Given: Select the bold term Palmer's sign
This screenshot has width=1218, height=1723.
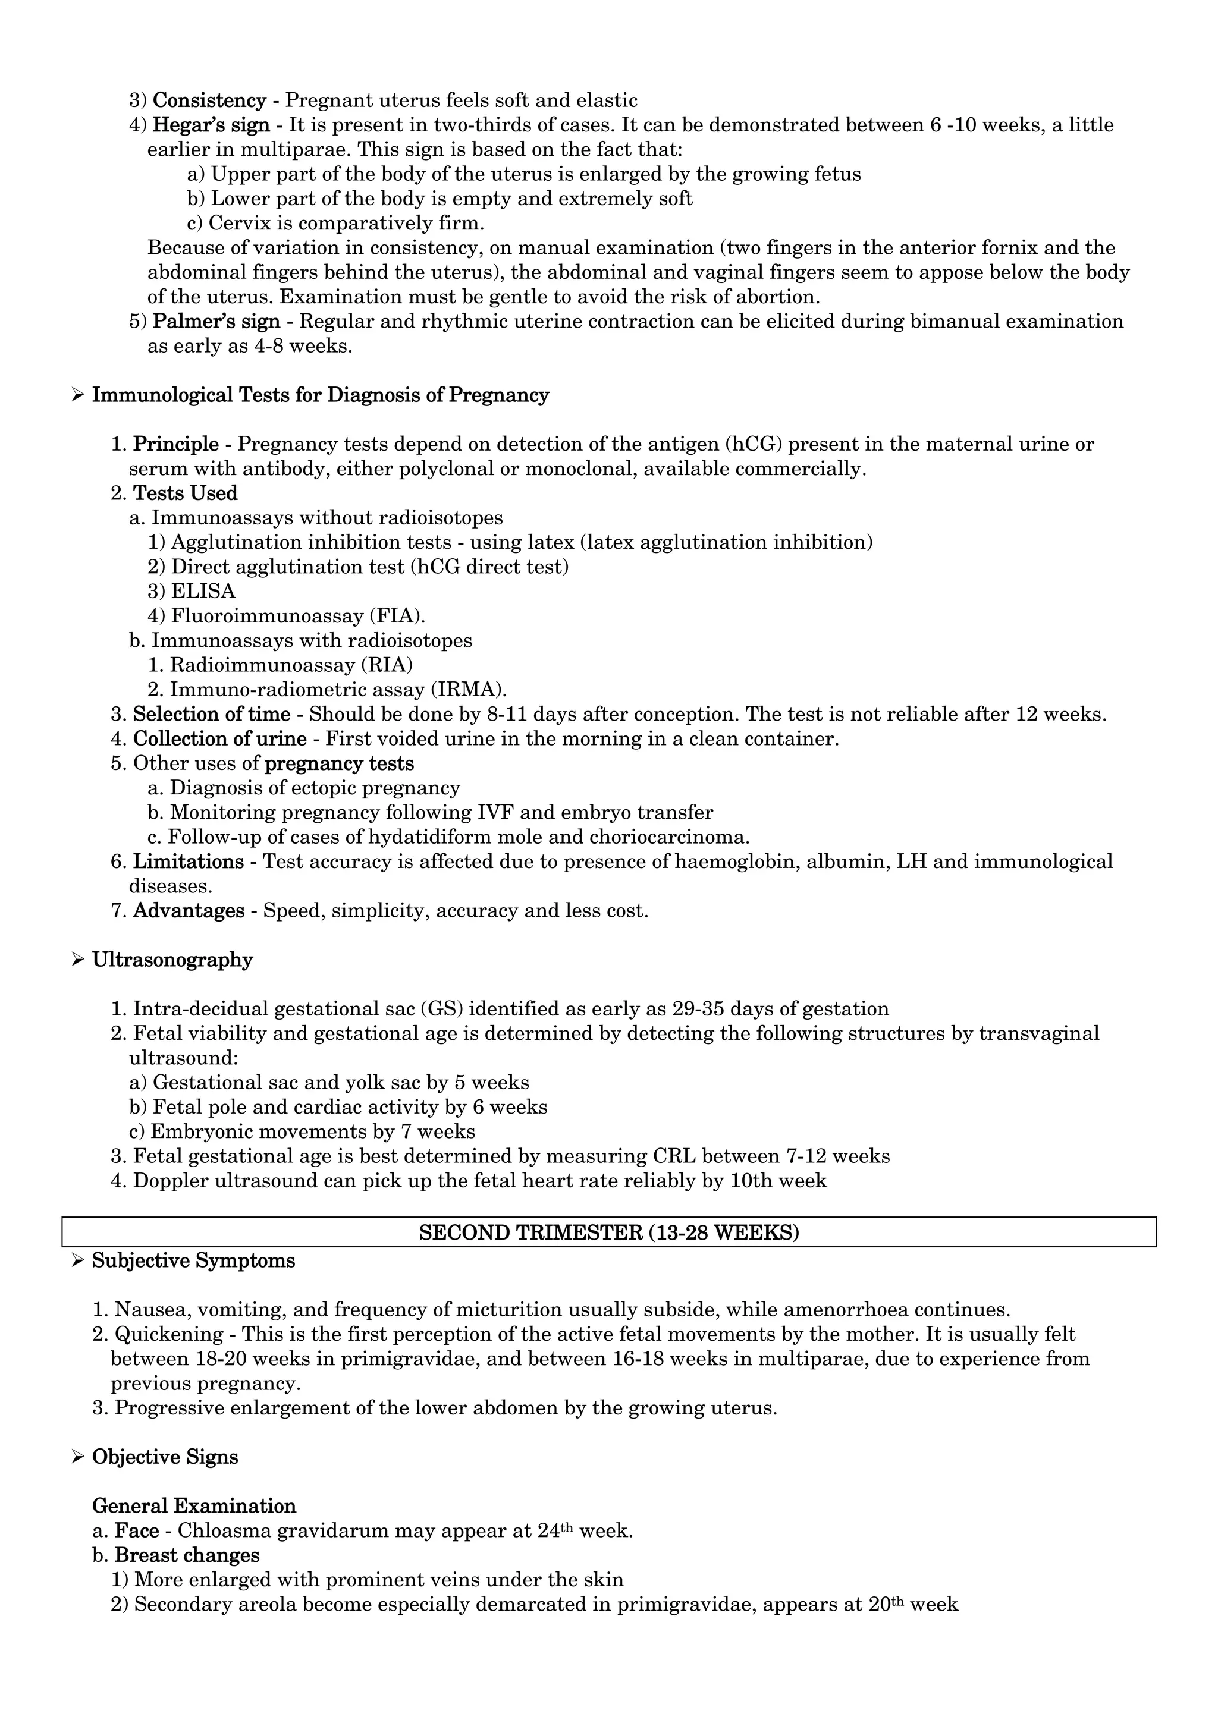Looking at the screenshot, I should coord(216,321).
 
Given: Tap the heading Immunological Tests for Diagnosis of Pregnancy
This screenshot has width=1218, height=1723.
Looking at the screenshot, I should coord(321,395).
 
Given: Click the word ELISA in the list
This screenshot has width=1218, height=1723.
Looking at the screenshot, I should coord(203,590).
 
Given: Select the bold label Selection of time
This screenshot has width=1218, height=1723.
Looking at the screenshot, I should coord(212,713).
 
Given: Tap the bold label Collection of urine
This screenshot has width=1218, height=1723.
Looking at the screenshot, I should coord(220,738).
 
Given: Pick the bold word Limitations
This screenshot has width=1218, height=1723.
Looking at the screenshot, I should coord(189,862).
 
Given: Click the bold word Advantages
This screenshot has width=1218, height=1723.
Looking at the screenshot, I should coord(189,910).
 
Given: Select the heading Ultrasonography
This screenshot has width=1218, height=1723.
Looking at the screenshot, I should coord(172,960).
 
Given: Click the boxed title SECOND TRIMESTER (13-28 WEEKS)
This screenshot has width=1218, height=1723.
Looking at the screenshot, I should coord(608,1233).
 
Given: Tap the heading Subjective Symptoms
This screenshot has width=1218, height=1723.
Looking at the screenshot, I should coord(194,1260).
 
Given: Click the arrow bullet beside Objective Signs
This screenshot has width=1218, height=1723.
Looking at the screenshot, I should coord(77,1457).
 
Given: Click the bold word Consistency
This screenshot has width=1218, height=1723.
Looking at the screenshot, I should coord(209,100).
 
